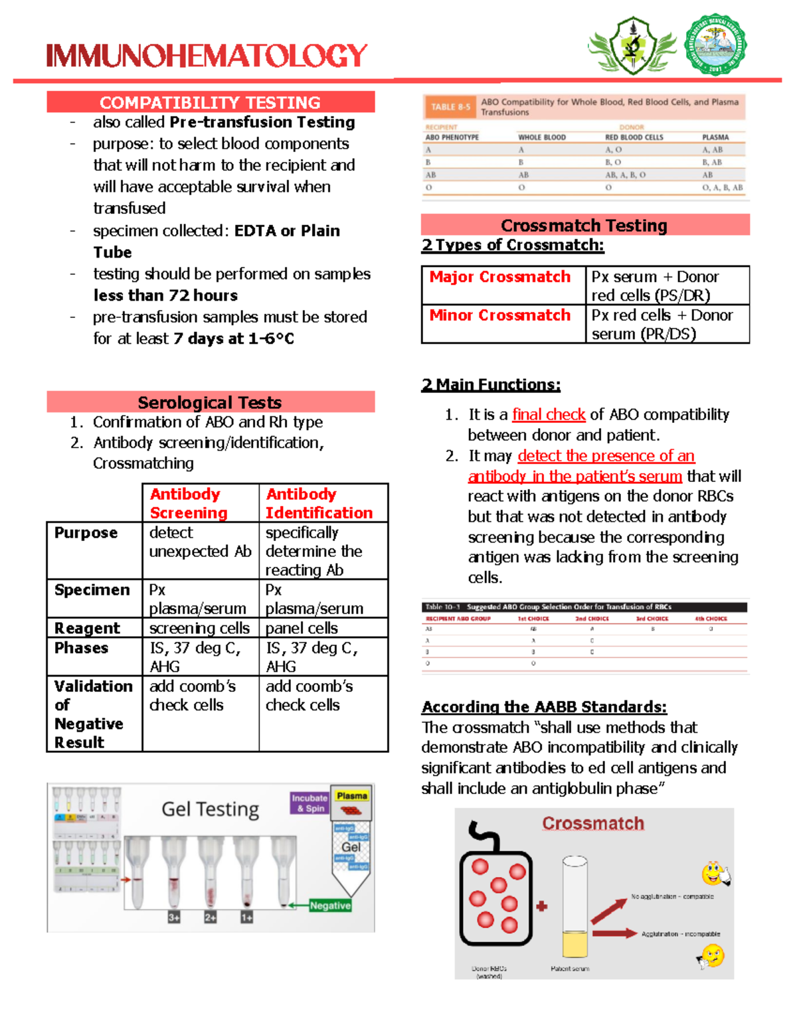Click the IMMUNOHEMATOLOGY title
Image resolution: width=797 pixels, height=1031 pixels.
207,56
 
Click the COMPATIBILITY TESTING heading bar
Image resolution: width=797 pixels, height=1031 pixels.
211,102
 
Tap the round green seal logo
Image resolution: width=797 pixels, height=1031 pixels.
715,45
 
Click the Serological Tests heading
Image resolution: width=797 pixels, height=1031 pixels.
210,402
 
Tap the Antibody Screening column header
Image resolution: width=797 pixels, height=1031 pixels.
200,503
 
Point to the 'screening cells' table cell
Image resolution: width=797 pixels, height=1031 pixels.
199,628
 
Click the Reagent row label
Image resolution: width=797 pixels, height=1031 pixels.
88,628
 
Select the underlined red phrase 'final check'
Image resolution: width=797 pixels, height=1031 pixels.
549,415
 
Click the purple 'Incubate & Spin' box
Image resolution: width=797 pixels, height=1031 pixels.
310,803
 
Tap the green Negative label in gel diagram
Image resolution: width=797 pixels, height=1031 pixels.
330,906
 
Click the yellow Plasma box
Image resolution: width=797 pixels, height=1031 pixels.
351,796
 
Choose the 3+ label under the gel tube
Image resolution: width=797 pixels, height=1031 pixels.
174,917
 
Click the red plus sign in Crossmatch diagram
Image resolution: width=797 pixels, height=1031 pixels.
542,906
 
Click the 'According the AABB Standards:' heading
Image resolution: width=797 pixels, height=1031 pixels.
544,707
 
